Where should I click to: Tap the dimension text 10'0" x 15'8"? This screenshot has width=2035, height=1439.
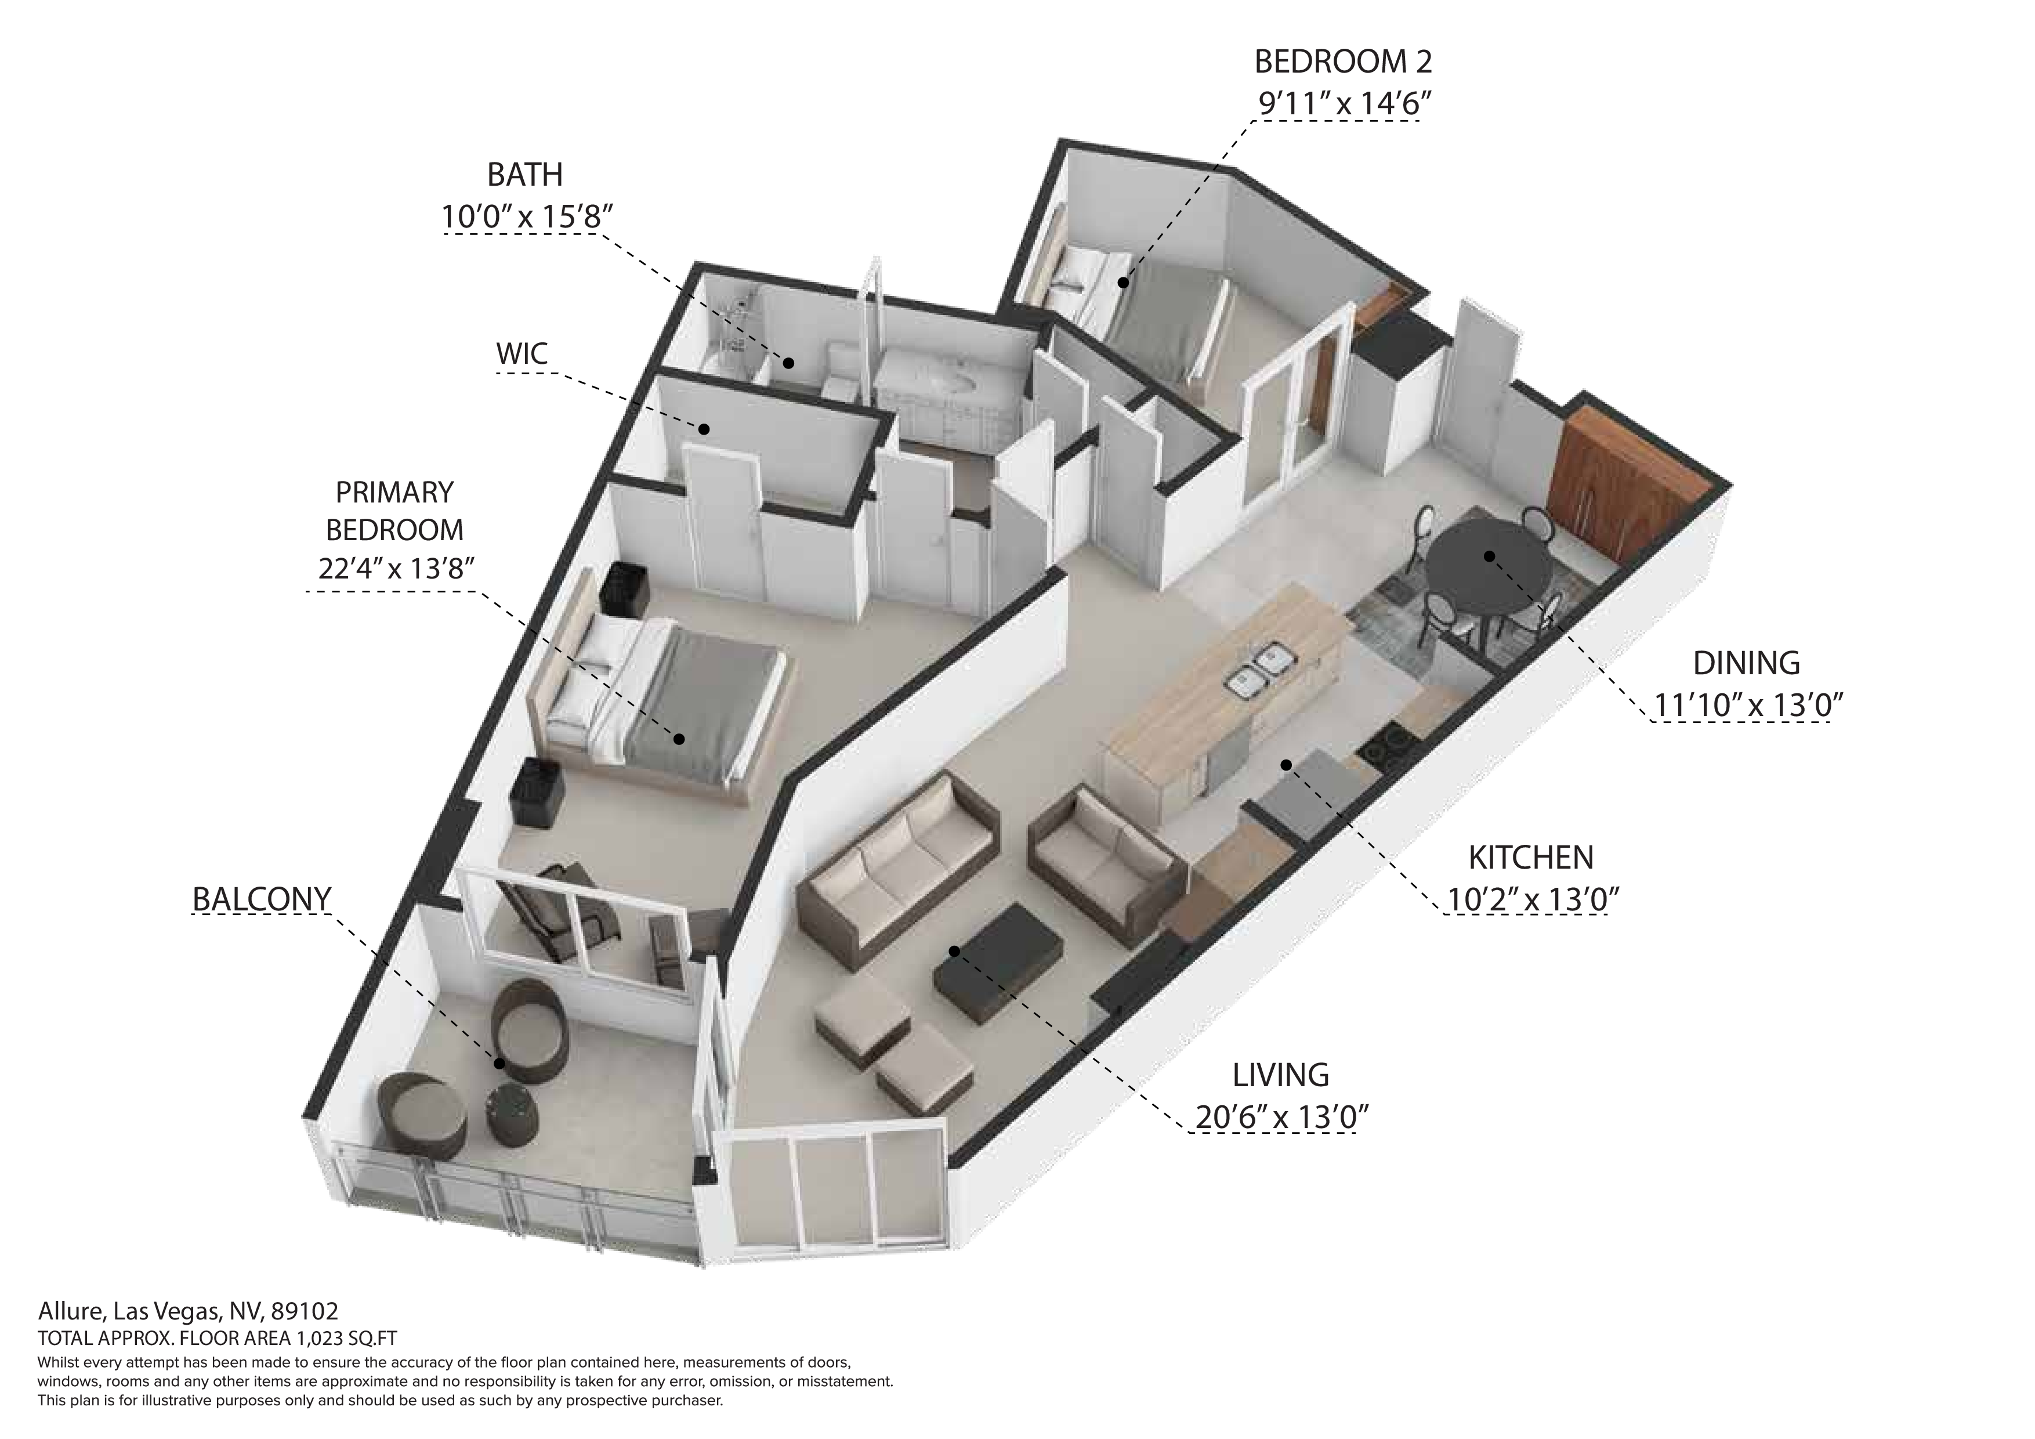[x=527, y=217]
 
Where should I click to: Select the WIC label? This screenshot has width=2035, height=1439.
[x=522, y=354]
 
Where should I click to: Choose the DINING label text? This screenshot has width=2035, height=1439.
[x=1746, y=663]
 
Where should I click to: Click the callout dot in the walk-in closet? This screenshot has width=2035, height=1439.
[x=704, y=429]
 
